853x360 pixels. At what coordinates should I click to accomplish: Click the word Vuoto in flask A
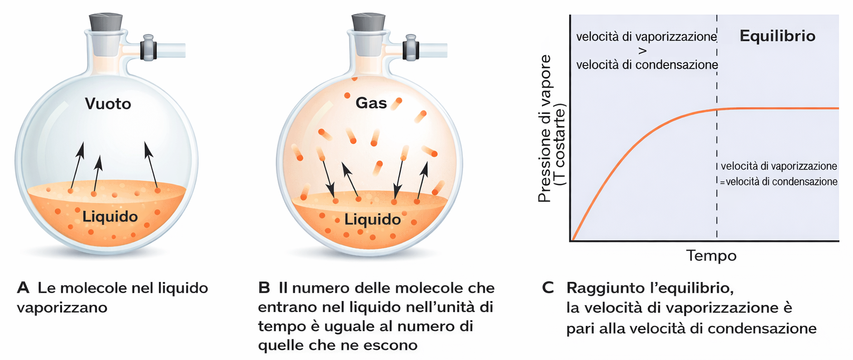(108, 104)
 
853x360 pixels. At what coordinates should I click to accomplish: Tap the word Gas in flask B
(371, 103)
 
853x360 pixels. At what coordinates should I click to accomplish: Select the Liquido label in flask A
(110, 217)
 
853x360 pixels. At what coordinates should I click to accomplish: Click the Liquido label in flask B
(372, 220)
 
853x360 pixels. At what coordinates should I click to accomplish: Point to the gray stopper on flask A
(106, 22)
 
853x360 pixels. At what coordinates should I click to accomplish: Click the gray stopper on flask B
(368, 22)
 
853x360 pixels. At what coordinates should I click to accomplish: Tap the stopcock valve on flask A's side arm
(148, 47)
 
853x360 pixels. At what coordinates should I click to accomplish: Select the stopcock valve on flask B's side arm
(410, 47)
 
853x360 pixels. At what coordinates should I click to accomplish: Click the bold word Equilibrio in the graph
(777, 36)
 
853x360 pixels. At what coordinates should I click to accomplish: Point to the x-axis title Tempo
(711, 255)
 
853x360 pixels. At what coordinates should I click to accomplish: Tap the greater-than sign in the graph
(642, 51)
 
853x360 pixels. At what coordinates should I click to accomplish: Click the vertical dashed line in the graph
(716, 128)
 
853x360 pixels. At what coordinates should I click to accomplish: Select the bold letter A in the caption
(23, 288)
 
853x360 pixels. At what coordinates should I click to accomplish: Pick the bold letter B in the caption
(264, 288)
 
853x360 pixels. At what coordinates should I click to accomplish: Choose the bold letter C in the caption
(547, 288)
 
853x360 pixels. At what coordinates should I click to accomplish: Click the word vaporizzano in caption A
(62, 308)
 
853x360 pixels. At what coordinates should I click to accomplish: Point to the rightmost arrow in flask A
(151, 166)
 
